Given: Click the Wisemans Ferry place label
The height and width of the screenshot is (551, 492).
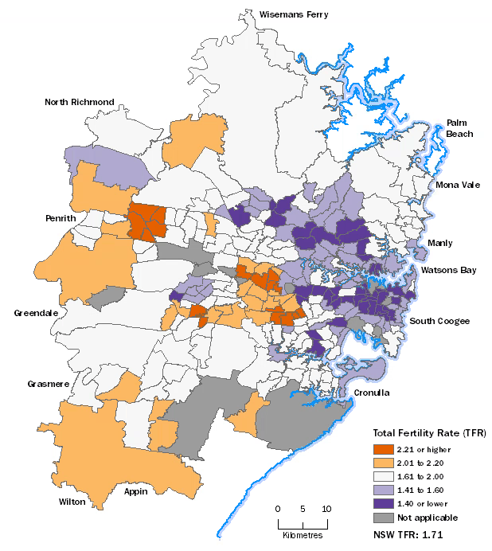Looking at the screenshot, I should tap(294, 14).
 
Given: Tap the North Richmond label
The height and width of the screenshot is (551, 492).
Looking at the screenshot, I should tap(80, 102).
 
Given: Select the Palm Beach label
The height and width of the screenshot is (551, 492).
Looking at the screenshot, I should tap(459, 128).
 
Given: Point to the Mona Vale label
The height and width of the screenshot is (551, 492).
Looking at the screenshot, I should tap(458, 185).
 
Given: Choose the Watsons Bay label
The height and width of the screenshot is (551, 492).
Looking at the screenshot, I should tap(448, 270).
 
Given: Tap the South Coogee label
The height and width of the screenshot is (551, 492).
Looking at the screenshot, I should tap(439, 321).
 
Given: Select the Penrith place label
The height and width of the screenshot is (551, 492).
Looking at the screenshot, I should tap(61, 218).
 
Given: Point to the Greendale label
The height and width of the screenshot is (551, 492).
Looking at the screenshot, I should tap(36, 313).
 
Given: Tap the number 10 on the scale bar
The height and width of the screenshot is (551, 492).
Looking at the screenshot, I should tap(326, 508).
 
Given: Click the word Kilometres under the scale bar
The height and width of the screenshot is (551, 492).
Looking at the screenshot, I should tap(303, 534).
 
